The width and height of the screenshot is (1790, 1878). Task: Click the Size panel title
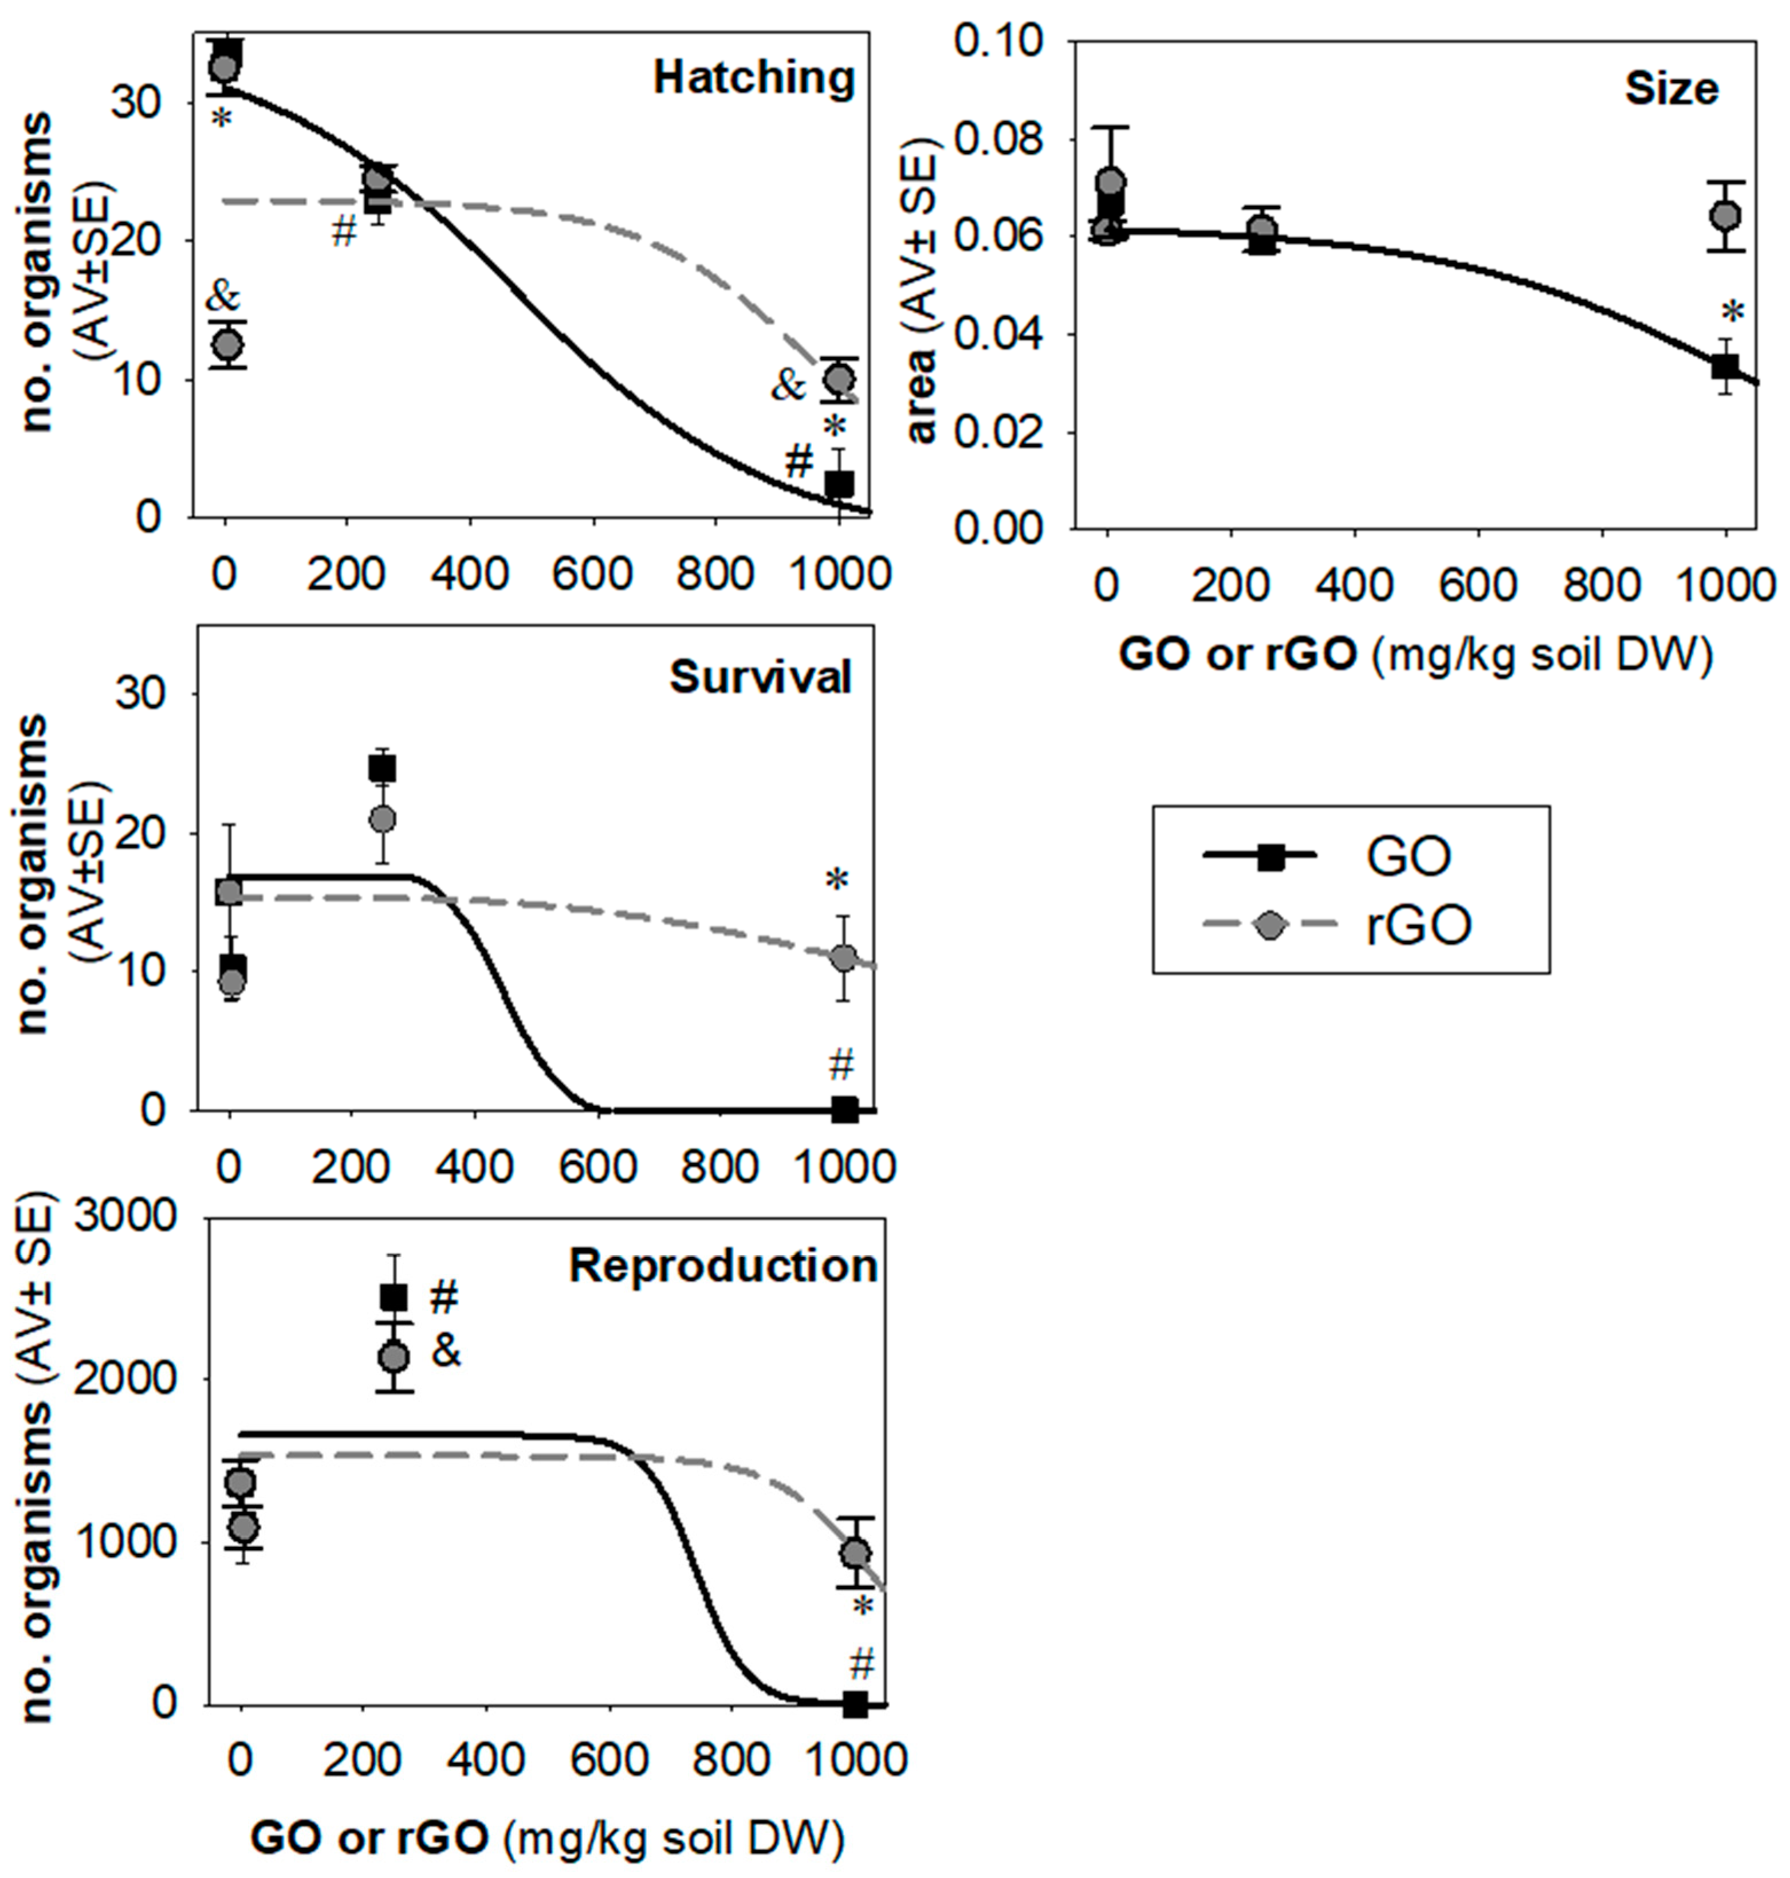point(1671,90)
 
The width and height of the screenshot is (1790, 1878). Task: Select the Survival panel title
point(760,678)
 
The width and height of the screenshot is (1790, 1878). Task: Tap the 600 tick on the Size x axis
point(1477,584)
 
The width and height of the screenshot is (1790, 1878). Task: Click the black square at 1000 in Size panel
point(1724,367)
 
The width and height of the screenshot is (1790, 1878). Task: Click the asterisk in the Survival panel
point(837,881)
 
